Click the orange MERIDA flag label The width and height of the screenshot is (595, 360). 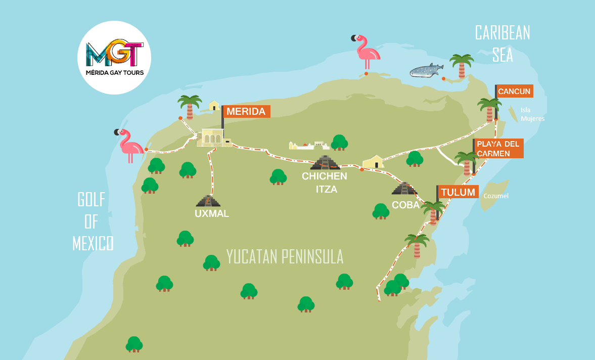(247, 112)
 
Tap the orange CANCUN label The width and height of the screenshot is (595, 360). (514, 92)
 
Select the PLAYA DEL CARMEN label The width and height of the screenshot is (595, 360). (498, 149)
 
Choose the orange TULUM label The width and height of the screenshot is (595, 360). (458, 192)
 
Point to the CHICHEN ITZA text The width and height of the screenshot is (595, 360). (325, 183)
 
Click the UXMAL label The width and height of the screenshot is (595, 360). (212, 213)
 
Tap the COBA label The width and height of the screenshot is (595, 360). (405, 205)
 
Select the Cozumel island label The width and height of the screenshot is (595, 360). (496, 196)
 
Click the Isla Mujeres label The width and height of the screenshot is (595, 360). (532, 114)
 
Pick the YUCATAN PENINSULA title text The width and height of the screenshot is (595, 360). (285, 256)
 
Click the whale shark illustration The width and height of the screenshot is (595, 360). (425, 71)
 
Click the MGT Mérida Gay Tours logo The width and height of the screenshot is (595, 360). (115, 57)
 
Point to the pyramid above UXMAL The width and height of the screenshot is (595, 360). (208, 200)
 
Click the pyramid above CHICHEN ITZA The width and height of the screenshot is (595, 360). (325, 162)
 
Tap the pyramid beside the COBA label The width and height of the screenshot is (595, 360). (403, 189)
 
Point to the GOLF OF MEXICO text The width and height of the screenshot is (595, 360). (93, 221)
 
